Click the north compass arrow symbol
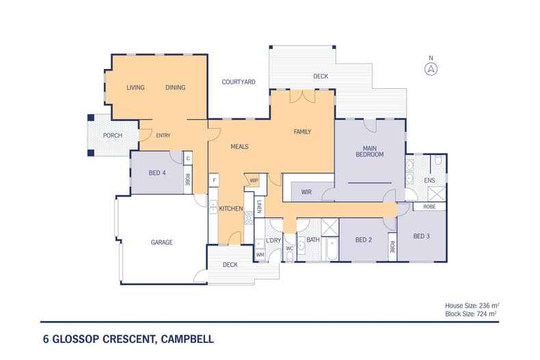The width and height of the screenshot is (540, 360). pos(431,68)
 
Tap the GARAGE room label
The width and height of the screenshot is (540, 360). pos(161,243)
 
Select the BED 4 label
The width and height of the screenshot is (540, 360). pos(157,173)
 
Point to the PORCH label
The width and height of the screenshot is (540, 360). pos(113,136)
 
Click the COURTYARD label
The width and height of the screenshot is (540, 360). pos(239,82)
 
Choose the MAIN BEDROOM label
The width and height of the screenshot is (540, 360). pos(369,151)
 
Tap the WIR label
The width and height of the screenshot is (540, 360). pos(306,193)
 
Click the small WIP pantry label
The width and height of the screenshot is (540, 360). pos(254,181)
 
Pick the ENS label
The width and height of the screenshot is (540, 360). pos(429,180)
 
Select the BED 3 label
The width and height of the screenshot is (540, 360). pos(422,236)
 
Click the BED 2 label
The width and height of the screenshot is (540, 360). pos(363,240)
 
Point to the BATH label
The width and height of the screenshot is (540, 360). pos(313,240)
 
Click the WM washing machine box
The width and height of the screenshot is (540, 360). pos(260,254)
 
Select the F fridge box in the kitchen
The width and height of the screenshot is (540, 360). pos(215,181)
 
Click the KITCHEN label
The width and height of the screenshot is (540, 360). pos(231,208)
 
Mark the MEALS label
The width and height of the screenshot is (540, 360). pos(239,147)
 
